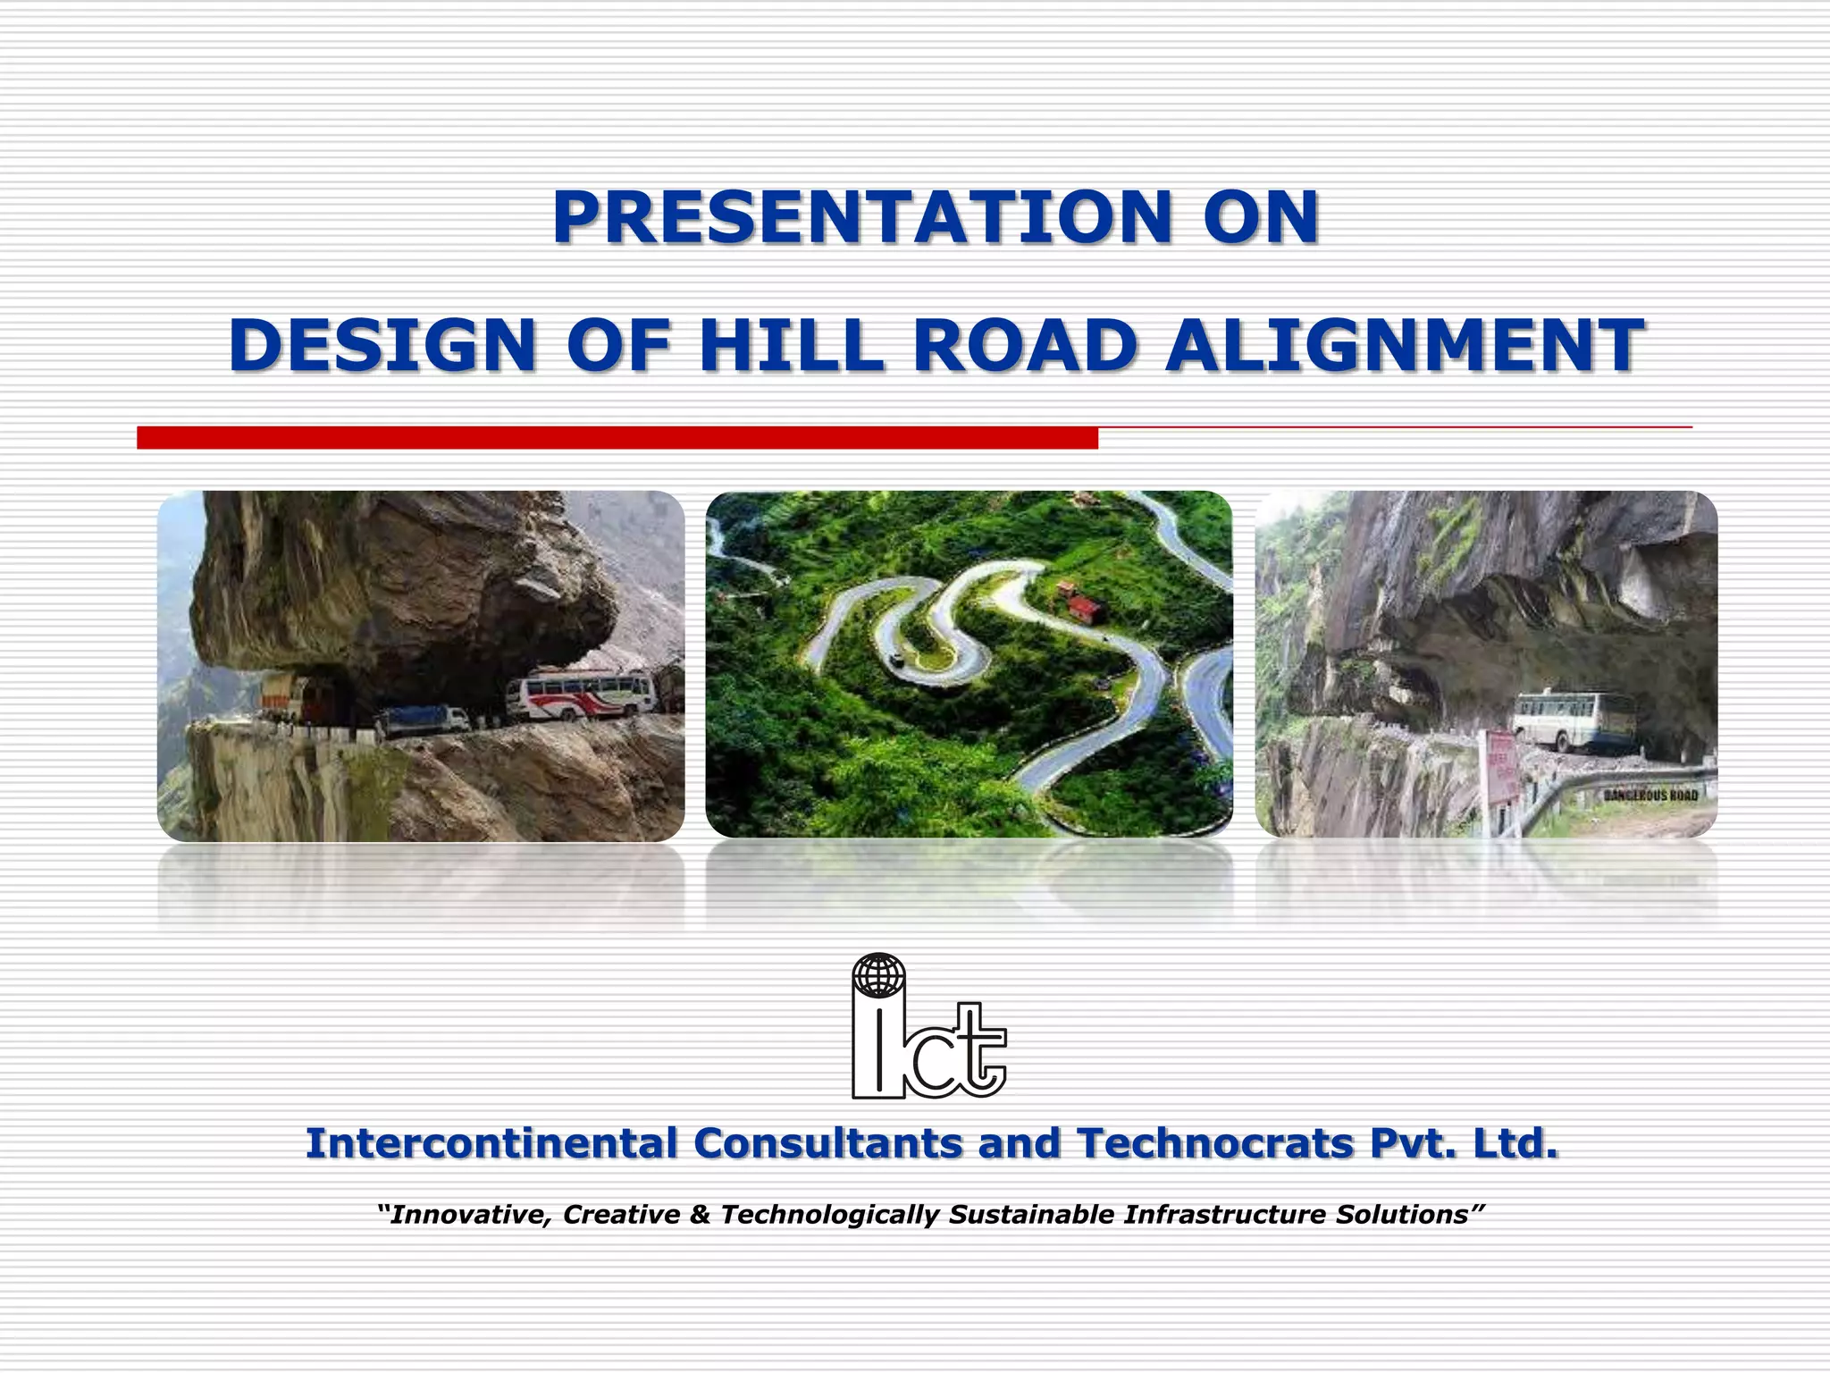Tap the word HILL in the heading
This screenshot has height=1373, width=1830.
coord(792,346)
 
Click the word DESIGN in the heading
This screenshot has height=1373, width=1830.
coord(382,346)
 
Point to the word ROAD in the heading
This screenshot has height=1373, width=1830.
coord(1025,346)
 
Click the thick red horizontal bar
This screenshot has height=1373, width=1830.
coord(617,438)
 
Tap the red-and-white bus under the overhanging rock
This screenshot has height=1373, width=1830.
coord(581,696)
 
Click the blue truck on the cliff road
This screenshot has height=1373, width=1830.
coord(422,719)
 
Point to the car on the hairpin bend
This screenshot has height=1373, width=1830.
coord(895,660)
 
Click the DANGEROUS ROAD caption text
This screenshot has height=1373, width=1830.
coord(1650,795)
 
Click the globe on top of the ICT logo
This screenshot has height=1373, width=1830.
coord(878,974)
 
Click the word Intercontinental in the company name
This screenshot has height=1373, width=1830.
coord(491,1143)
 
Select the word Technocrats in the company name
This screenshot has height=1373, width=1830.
coord(1215,1143)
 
